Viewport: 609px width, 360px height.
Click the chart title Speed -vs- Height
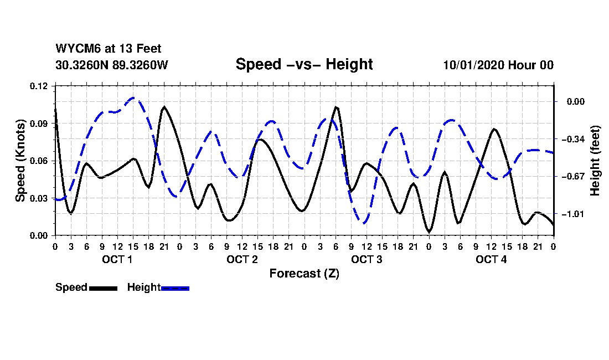(304, 64)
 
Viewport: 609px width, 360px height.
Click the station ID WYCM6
(74, 49)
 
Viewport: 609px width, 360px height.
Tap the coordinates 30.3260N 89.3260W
(111, 65)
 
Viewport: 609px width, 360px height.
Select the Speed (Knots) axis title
(20, 161)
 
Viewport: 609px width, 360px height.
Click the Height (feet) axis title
(595, 161)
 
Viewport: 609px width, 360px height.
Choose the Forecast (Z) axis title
(304, 274)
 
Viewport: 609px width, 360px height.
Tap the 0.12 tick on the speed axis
(39, 86)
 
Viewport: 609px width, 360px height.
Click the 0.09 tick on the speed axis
(39, 124)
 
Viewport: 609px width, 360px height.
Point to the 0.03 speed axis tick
(39, 198)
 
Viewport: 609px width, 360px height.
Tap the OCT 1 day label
(117, 260)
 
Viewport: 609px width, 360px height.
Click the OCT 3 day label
(367, 260)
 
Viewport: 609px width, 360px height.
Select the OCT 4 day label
(491, 260)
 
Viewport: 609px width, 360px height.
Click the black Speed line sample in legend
(103, 288)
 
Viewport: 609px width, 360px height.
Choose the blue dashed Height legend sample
(176, 288)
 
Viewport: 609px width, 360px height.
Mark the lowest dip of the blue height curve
(363, 223)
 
